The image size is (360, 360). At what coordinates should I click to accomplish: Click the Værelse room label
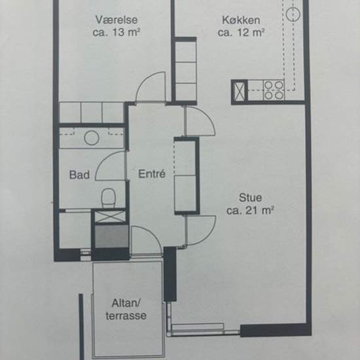point(117,20)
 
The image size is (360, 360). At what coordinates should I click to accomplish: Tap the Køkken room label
point(241,20)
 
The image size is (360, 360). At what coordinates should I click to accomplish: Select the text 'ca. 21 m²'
point(250,210)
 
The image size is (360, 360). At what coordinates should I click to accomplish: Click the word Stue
point(250,198)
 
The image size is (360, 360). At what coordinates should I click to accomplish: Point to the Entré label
point(152,174)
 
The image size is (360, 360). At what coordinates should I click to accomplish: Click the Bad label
point(79,175)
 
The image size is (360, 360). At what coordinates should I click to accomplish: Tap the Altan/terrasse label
point(126,309)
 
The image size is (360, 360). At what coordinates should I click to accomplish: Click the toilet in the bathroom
point(108,197)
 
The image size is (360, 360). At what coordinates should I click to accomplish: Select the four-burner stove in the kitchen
point(274,90)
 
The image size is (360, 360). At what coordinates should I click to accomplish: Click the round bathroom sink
point(92,138)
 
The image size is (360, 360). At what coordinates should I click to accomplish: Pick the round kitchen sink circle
point(293,14)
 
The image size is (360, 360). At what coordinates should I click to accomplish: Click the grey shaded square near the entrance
point(112,236)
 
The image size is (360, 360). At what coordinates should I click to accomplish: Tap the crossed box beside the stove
point(239,92)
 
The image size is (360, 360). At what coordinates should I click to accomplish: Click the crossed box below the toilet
point(111,217)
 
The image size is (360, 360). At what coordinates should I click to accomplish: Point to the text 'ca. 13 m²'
point(117,32)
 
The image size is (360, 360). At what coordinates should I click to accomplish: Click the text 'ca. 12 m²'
point(241,33)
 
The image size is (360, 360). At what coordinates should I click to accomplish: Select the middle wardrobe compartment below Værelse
point(92,113)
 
